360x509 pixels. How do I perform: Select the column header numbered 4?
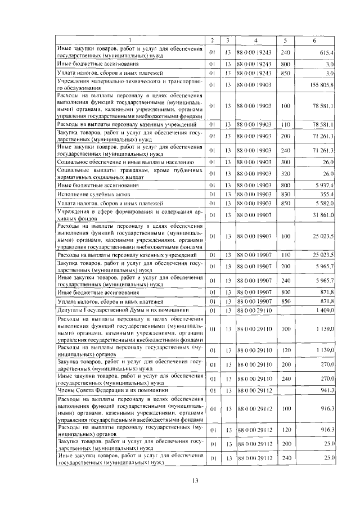(x=255, y=41)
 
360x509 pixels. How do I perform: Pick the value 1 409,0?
(x=325, y=310)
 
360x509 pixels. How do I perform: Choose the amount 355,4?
(x=327, y=193)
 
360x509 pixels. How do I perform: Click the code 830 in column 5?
(x=285, y=193)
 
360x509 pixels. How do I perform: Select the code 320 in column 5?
(x=285, y=173)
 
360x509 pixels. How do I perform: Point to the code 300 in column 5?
(x=285, y=161)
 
